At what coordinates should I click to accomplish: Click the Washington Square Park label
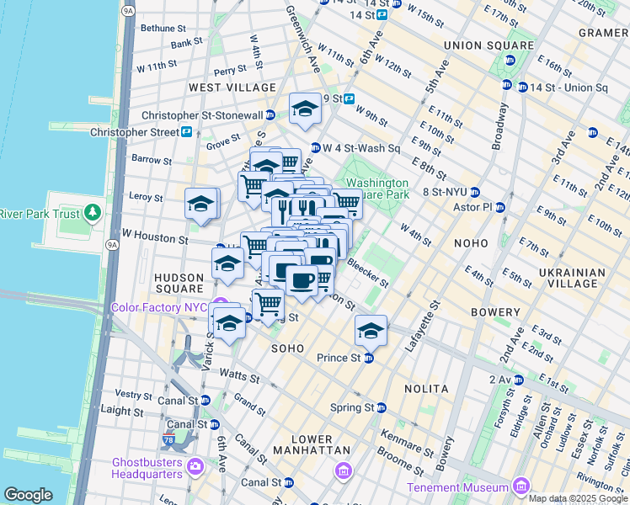[376, 189]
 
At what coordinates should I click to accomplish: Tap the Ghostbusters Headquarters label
[147, 468]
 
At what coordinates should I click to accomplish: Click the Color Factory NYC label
[160, 307]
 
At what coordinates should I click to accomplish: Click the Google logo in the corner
[28, 495]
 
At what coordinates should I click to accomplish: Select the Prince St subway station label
[339, 359]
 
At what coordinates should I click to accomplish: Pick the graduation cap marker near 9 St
[305, 109]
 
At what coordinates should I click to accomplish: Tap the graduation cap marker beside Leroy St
[201, 204]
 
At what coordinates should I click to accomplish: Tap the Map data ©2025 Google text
[578, 498]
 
